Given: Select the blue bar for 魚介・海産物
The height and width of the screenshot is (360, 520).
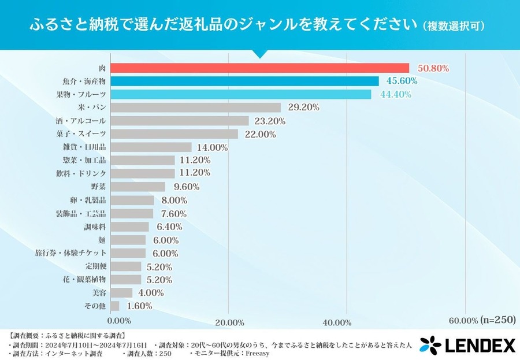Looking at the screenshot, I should (244, 81).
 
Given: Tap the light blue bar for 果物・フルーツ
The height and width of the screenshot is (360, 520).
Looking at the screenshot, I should (240, 95).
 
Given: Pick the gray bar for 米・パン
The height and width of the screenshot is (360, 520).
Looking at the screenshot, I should (195, 108).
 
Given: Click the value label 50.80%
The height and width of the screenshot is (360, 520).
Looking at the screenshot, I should (433, 68).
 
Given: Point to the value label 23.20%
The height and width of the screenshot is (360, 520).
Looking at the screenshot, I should (270, 121).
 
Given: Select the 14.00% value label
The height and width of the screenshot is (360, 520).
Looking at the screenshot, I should (212, 147).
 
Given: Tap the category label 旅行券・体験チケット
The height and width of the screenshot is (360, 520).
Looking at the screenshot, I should (70, 253).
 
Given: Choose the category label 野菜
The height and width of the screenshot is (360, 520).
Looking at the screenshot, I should (98, 187).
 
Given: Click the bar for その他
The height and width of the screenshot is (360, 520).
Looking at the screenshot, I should (114, 306).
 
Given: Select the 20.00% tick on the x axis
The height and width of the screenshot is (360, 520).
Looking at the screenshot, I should (229, 322).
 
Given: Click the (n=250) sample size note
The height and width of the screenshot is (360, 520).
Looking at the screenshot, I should (497, 320).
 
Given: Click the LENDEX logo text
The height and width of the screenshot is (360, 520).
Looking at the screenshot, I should (480, 346).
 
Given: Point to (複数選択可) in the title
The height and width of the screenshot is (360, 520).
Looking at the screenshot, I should (453, 26).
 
